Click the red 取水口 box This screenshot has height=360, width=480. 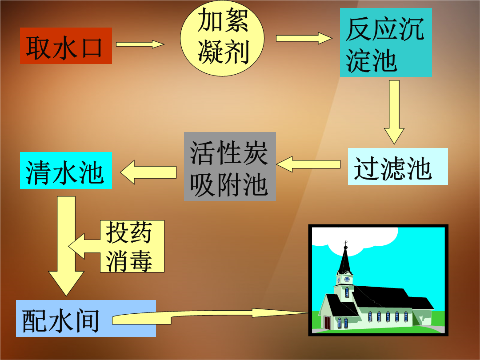click(x=66, y=46)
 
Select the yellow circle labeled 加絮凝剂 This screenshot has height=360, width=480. click(x=222, y=38)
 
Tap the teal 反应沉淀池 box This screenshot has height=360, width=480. click(x=386, y=42)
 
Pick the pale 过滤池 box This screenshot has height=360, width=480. click(x=398, y=167)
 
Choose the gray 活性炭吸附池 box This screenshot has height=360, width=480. click(x=230, y=166)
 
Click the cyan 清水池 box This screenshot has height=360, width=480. click(x=66, y=170)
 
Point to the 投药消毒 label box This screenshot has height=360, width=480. click(x=132, y=246)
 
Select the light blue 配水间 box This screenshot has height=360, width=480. click(x=86, y=318)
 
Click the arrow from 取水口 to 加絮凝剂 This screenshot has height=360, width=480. click(x=140, y=44)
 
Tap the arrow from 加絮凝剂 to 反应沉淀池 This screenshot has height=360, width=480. click(x=304, y=38)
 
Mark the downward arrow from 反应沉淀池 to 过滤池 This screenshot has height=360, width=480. click(x=394, y=112)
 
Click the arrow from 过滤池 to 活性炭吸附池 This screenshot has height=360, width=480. click(x=308, y=164)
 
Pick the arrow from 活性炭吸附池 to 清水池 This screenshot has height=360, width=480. click(x=148, y=172)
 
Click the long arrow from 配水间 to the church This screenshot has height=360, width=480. click(x=210, y=315)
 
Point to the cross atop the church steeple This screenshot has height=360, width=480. click(x=346, y=244)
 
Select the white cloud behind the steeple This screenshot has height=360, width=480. click(x=355, y=240)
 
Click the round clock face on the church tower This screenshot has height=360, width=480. click(x=347, y=279)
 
